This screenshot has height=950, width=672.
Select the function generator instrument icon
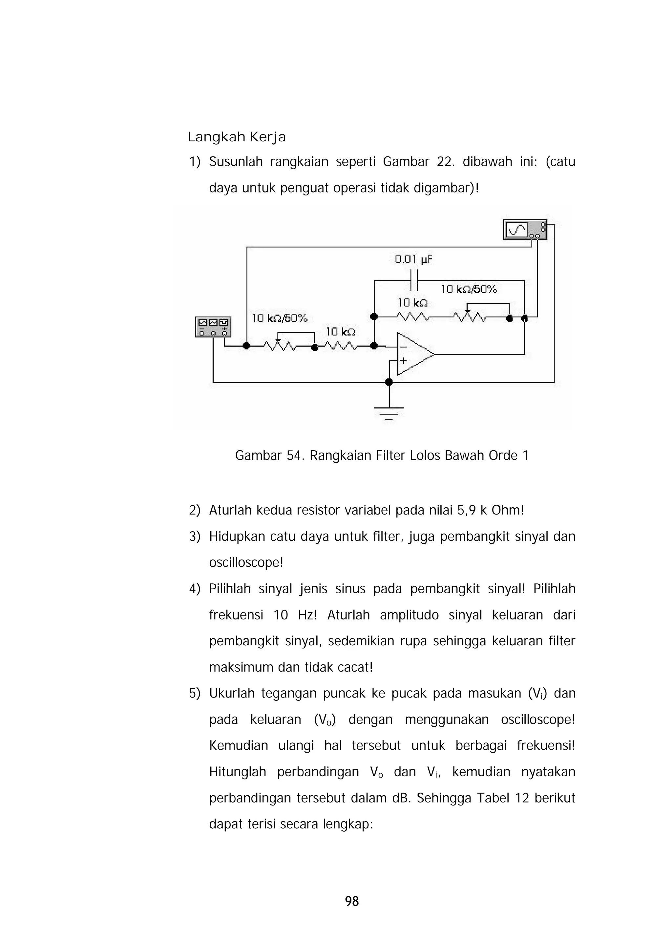coord(213,327)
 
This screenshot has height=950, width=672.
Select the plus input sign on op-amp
coord(403,361)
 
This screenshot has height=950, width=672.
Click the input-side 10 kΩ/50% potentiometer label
coord(280,318)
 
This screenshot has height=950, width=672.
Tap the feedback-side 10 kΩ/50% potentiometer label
coord(468,289)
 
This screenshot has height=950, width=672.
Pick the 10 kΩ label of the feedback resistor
coord(412,303)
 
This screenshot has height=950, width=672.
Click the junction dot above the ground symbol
coord(388,382)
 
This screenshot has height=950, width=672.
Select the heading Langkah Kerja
coord(237,137)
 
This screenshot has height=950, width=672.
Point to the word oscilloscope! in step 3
coord(246,563)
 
